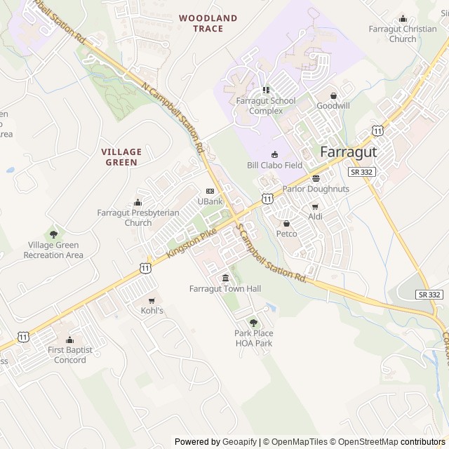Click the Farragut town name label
[349, 152]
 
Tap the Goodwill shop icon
[334, 96]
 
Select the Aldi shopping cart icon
[314, 207]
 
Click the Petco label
[286, 234]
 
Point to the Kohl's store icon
[152, 301]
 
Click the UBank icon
[210, 192]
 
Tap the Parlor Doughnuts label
[316, 189]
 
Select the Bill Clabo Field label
[274, 166]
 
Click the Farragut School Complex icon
[265, 90]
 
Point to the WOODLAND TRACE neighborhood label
[208, 23]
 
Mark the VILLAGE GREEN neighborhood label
[121, 156]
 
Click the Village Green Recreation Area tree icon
[53, 234]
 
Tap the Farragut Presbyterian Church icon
[138, 203]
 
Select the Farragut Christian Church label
[402, 34]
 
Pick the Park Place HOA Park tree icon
[253, 323]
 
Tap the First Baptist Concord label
[67, 355]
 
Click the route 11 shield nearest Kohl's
[145, 267]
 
